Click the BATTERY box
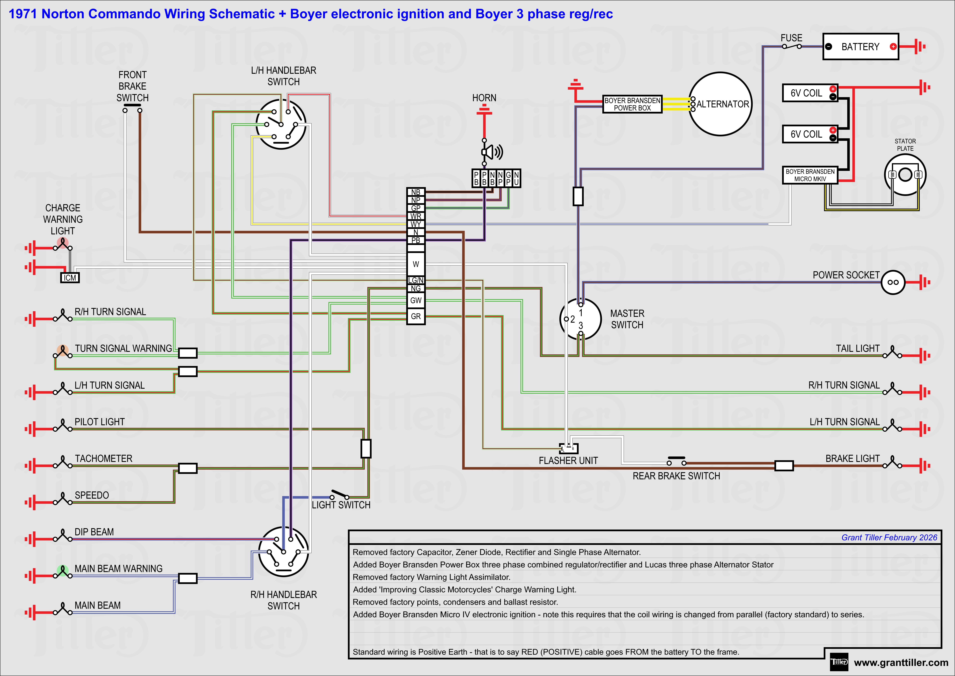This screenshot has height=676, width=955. [x=860, y=47]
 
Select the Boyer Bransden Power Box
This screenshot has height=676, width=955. [x=632, y=104]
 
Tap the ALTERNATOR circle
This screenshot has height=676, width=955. [x=720, y=104]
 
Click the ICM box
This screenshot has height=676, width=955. [x=70, y=278]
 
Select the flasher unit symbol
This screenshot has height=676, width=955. [x=569, y=448]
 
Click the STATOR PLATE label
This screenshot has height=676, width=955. [x=905, y=145]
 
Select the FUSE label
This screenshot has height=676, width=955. [x=791, y=38]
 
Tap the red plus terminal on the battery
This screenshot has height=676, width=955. [x=893, y=47]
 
